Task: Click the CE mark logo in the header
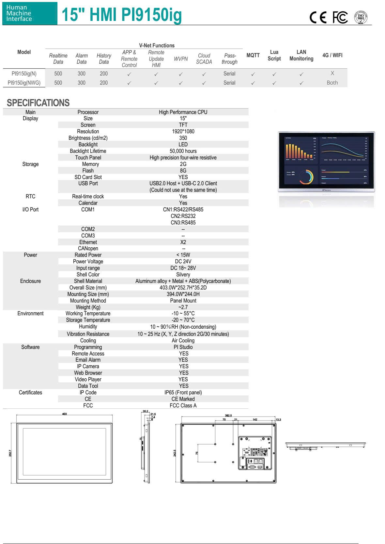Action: point(318,17)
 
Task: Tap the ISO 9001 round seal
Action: point(361,17)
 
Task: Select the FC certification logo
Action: point(340,17)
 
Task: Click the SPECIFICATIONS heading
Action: point(38,103)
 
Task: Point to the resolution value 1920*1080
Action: point(183,131)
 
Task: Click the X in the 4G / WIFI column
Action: point(332,73)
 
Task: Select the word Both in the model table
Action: point(332,83)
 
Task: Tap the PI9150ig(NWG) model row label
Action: point(24,83)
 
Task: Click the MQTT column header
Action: point(253,55)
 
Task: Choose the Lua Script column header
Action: point(274,55)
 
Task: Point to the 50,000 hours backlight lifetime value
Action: point(183,151)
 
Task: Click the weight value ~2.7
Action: point(183,307)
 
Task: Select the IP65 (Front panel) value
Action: point(183,392)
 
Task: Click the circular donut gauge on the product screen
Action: point(306,177)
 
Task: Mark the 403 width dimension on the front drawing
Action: point(65,414)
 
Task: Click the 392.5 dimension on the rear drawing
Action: point(228,416)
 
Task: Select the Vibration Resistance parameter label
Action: point(88,334)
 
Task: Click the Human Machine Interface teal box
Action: point(30,13)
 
